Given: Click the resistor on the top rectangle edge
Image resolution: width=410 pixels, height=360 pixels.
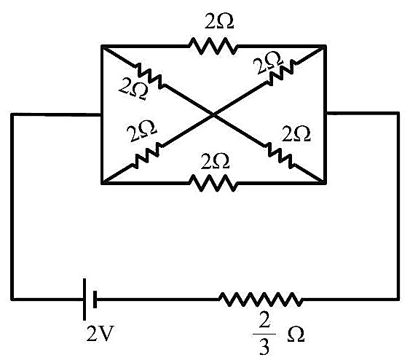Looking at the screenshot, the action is [213, 47].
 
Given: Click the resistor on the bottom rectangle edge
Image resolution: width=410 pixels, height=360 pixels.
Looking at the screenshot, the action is [213, 183].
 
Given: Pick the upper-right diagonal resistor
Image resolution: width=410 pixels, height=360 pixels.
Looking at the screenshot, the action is [282, 72].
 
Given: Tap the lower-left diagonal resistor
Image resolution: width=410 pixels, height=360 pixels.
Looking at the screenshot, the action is [146, 156].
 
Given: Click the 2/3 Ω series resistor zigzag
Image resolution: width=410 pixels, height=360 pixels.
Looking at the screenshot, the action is [261, 300].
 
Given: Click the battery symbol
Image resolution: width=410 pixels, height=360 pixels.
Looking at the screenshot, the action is [90, 300].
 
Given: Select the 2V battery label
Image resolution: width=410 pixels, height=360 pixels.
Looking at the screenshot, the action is [100, 334].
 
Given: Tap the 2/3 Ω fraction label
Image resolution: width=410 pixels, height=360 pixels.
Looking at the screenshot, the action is [278, 335].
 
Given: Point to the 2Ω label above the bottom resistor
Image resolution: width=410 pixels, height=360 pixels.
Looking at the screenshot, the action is [216, 161].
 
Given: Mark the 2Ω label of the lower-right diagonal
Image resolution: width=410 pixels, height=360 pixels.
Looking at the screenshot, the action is [296, 133].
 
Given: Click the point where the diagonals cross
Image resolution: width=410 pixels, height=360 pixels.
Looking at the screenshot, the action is [213, 114].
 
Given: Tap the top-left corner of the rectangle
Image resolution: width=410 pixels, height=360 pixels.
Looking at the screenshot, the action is [102, 47].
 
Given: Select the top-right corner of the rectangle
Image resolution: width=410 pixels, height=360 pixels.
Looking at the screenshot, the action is [325, 47].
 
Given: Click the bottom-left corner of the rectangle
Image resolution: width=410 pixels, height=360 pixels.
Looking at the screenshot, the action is [102, 183].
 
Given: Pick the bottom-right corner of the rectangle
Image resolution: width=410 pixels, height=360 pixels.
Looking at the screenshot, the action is [325, 183].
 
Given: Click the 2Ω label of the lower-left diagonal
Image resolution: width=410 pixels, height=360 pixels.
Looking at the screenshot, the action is [141, 131].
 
